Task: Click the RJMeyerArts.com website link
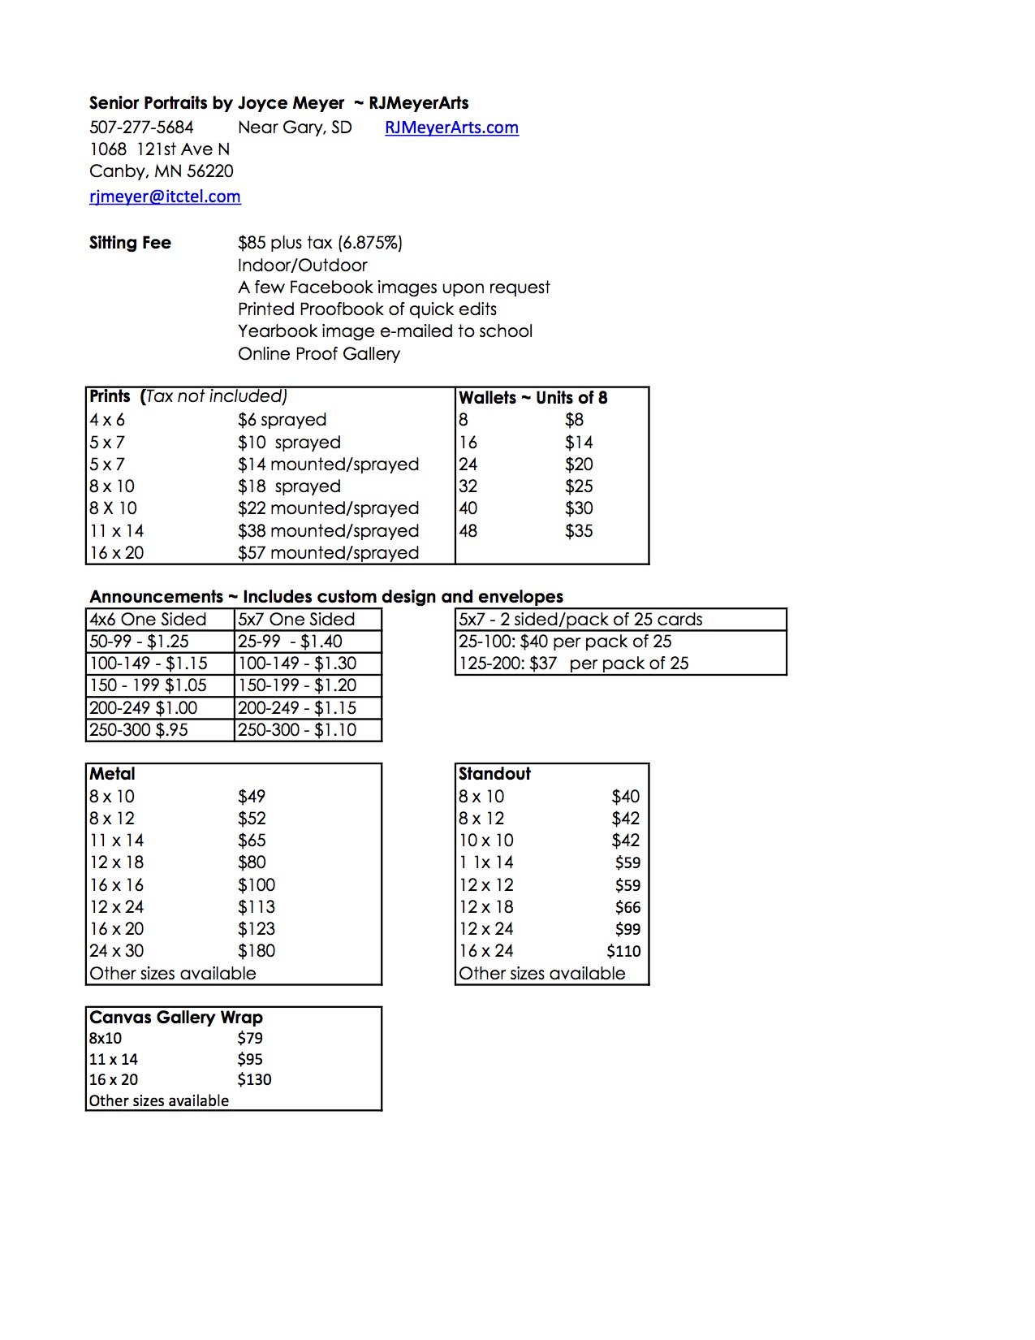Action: coord(451,128)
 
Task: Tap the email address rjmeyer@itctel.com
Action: coord(165,197)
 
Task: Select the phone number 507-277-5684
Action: coord(141,128)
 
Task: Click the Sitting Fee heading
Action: coord(130,243)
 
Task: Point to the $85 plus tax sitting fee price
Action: coord(320,243)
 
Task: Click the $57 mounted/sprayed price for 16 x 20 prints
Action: coord(328,553)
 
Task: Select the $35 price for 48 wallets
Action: coord(579,531)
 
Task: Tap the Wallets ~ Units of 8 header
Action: coord(533,398)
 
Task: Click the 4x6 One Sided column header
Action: coord(148,620)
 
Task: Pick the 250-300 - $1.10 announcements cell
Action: coord(297,730)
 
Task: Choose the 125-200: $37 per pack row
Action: coord(573,664)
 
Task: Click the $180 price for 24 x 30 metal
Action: coord(257,951)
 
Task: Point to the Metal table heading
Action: coord(112,774)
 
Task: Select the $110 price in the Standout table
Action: coord(623,951)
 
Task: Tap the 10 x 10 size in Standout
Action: coord(485,841)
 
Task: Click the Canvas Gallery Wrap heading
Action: coord(175,1018)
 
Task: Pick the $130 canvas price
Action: coord(254,1080)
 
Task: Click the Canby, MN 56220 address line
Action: coord(161,171)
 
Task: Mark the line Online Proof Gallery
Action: coord(318,354)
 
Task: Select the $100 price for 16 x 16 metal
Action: coord(257,885)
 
